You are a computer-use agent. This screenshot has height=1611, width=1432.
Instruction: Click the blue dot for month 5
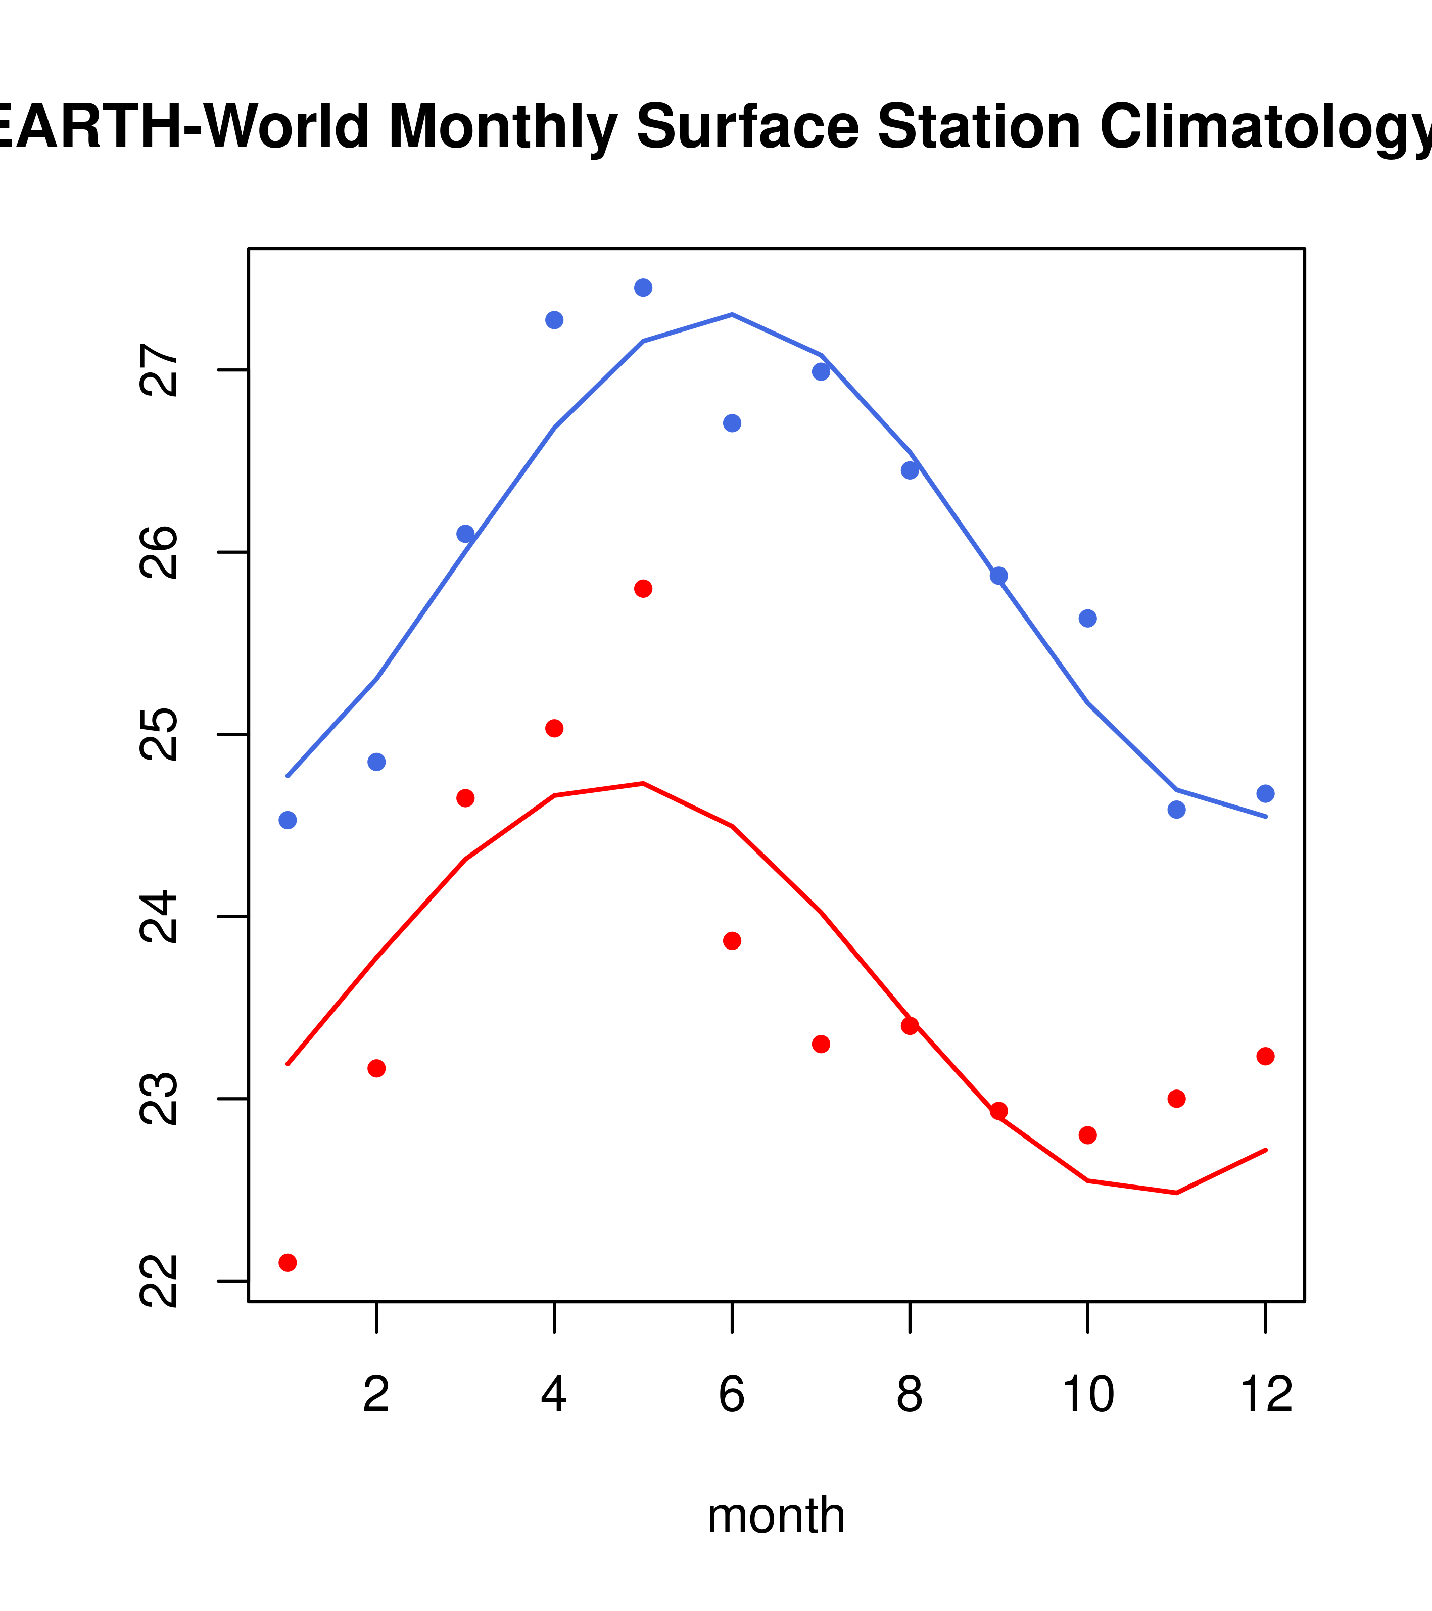(x=643, y=288)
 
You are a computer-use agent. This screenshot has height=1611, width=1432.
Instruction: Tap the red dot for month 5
(x=643, y=589)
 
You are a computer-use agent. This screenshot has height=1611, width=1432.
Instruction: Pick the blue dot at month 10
(x=1087, y=619)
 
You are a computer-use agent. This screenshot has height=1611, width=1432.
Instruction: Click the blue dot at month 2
(x=377, y=762)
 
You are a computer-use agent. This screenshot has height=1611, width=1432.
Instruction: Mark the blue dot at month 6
(x=732, y=423)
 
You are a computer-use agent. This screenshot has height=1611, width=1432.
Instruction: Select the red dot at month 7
(x=821, y=1045)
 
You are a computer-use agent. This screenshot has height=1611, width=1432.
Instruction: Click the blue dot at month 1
(x=288, y=821)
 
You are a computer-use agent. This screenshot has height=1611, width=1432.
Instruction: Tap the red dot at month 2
(x=377, y=1069)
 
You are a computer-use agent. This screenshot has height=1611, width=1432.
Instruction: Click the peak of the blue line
(x=732, y=314)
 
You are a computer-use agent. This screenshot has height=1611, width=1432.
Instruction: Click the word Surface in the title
(x=747, y=127)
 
